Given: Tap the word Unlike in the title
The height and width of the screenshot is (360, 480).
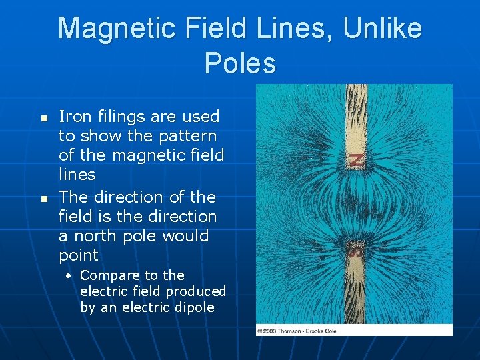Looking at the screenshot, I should [x=383, y=29].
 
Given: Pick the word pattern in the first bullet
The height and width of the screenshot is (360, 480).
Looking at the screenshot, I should [x=187, y=136].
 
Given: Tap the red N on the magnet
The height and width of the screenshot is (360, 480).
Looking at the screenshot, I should [x=357, y=160].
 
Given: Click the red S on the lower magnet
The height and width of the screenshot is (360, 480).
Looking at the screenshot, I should [x=355, y=251].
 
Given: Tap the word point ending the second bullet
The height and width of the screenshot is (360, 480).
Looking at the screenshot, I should [x=78, y=255].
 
